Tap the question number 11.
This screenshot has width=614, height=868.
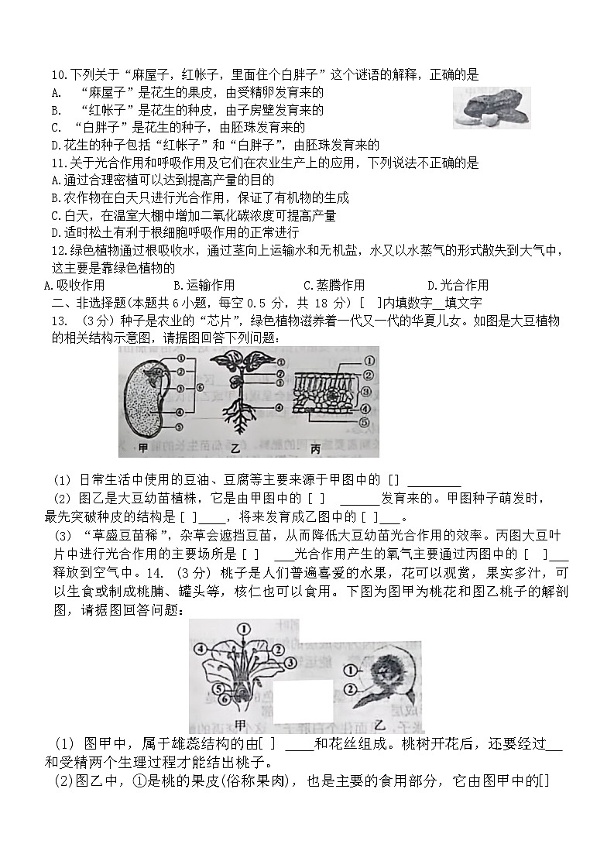pyautogui.click(x=57, y=163)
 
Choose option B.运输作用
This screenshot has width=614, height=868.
pyautogui.click(x=204, y=285)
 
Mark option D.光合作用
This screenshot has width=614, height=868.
pyautogui.click(x=458, y=285)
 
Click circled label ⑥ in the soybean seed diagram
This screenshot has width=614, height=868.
pyautogui.click(x=199, y=386)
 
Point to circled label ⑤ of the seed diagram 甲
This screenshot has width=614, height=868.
pyautogui.click(x=180, y=426)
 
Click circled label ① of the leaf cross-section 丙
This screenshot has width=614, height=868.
pyautogui.click(x=369, y=360)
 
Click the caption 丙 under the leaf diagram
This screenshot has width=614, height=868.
pyautogui.click(x=315, y=448)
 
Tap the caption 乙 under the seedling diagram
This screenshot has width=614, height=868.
pyautogui.click(x=235, y=448)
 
